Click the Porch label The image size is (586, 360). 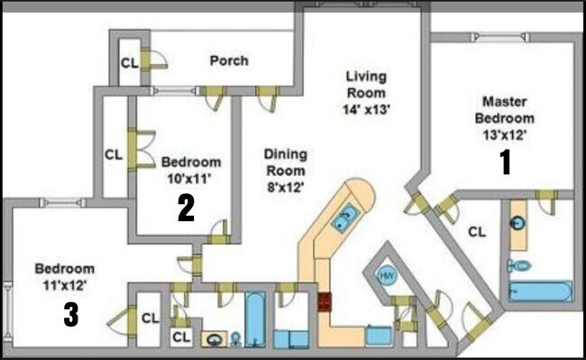(x=229, y=61)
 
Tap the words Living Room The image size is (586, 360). (x=366, y=85)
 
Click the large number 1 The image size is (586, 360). (x=506, y=162)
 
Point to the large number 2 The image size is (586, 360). (x=186, y=208)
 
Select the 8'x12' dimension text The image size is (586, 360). (x=285, y=188)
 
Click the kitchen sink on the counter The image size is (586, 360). (x=345, y=217)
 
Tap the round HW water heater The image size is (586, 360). (x=387, y=274)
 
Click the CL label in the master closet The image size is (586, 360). (x=477, y=231)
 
